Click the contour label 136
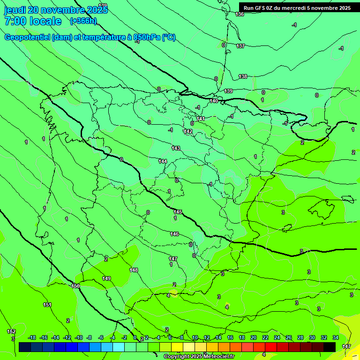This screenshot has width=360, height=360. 240,15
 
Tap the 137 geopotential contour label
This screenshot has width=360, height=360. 240,46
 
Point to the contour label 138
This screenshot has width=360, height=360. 243,76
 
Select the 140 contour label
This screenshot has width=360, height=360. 214,101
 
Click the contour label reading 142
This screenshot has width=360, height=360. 188,131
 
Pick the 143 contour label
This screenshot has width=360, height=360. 176,148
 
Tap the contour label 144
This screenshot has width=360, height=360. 163,161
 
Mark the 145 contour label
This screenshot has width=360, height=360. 178,212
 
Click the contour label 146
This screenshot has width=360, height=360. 174,234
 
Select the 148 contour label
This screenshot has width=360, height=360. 134,270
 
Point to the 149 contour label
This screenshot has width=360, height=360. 106,278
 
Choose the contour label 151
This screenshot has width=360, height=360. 47,305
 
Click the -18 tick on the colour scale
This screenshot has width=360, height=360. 32,337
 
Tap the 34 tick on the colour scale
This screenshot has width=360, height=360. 336,337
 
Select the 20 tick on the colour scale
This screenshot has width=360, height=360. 253,337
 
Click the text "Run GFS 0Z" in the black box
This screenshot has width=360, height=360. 262,8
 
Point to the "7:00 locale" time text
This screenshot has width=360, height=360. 33,21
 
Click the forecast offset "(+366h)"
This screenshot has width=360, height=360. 83,21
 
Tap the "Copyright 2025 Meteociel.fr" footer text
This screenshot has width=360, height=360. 199,356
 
